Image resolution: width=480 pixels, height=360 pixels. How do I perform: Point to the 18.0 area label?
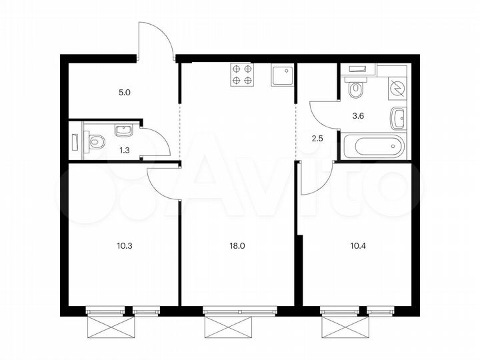[x=237, y=245]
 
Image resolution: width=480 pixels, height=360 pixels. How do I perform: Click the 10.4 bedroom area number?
[x=359, y=245]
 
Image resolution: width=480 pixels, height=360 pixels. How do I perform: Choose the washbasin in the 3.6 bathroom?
[x=398, y=119]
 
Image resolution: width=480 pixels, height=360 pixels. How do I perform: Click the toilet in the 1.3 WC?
[x=95, y=141]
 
